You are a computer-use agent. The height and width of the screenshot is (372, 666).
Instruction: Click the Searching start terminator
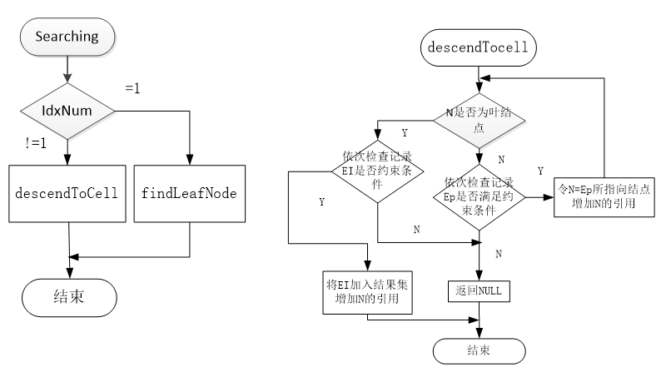67,37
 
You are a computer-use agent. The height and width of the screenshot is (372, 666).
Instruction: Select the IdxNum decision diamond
67,110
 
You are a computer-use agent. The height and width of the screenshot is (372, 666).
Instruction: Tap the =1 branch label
133,87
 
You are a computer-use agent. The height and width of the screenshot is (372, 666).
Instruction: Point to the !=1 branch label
36,143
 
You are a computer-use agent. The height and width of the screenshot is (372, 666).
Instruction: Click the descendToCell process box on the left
67,194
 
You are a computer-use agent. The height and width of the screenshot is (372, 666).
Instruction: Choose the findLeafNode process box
189,194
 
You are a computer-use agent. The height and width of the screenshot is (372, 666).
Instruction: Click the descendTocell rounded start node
478,48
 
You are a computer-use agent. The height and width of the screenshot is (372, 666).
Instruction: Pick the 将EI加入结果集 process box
366,291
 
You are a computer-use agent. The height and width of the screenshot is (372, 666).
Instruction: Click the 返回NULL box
479,291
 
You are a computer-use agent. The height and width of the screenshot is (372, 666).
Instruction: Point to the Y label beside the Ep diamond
540,171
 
